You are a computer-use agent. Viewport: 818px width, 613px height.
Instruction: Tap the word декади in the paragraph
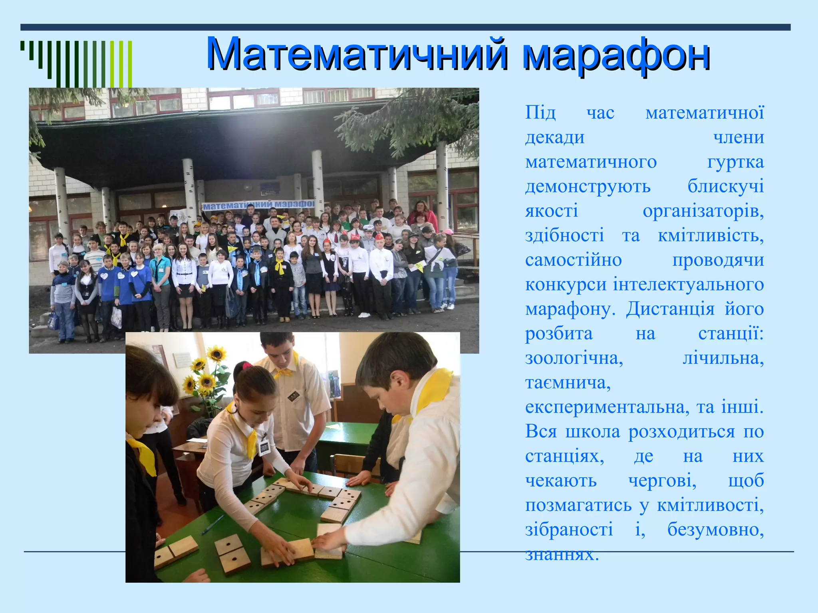(555, 138)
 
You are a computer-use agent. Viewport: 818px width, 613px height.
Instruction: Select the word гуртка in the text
(735, 162)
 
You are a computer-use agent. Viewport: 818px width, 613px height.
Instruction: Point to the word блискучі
(725, 187)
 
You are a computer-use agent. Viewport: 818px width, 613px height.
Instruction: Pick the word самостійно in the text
(573, 261)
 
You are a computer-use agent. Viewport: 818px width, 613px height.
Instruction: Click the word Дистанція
(670, 309)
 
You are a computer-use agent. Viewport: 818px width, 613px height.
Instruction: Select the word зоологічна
(574, 358)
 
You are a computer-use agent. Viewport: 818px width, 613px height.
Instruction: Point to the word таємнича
(568, 383)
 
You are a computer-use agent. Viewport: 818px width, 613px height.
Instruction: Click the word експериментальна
(607, 407)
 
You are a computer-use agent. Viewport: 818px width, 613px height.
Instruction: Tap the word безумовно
(715, 530)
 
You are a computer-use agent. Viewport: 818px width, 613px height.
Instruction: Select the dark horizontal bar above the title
(405, 27)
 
